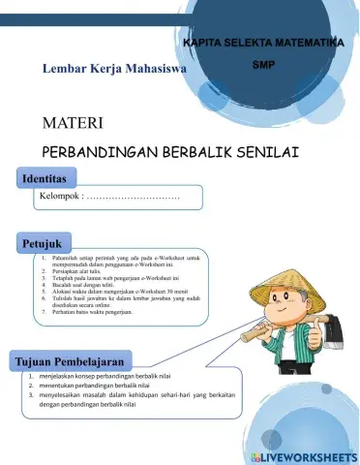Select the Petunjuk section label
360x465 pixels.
44,242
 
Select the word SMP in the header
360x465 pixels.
263,66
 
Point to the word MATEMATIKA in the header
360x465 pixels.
310,45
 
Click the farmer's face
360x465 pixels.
289,299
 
